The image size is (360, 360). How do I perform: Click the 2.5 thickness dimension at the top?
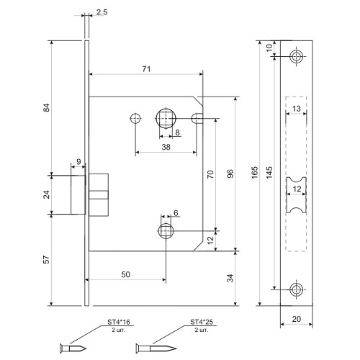click(x=102, y=12)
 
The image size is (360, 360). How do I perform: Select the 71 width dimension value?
click(x=146, y=69)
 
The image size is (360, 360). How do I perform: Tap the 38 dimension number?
click(x=166, y=147)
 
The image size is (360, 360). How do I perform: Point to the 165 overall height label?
click(x=255, y=172)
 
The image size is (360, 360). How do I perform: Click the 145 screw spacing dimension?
click(x=269, y=172)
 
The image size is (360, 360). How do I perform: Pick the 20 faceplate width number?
click(x=297, y=319)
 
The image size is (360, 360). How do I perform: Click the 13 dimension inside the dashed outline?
click(x=297, y=109)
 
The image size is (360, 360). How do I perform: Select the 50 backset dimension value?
click(x=125, y=274)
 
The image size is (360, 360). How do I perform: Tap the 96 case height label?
click(x=230, y=174)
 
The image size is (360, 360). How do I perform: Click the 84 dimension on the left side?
click(x=46, y=107)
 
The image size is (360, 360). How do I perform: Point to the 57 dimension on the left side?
click(x=46, y=260)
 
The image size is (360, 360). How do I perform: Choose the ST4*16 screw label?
click(x=119, y=322)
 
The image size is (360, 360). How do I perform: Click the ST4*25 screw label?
click(x=202, y=322)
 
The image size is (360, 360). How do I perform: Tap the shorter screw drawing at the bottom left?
click(x=73, y=348)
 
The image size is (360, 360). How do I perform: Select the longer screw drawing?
click(x=156, y=348)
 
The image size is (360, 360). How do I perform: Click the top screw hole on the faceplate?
click(x=297, y=57)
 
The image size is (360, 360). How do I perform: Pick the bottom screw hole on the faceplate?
click(x=297, y=289)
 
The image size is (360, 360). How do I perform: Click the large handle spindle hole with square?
click(x=166, y=118)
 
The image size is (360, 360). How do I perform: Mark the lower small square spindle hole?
click(x=166, y=231)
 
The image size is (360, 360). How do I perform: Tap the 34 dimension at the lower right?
click(x=230, y=278)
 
